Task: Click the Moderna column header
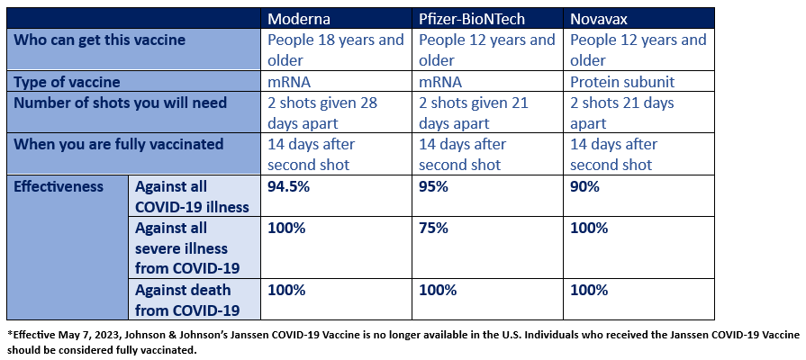300,18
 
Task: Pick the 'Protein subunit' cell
622,81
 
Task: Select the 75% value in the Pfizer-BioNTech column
434,228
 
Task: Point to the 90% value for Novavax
585,186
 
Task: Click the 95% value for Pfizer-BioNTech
434,186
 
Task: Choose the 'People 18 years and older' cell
336,49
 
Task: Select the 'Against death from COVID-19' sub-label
187,300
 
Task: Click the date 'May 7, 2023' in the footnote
93,334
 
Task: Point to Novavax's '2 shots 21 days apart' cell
621,112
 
